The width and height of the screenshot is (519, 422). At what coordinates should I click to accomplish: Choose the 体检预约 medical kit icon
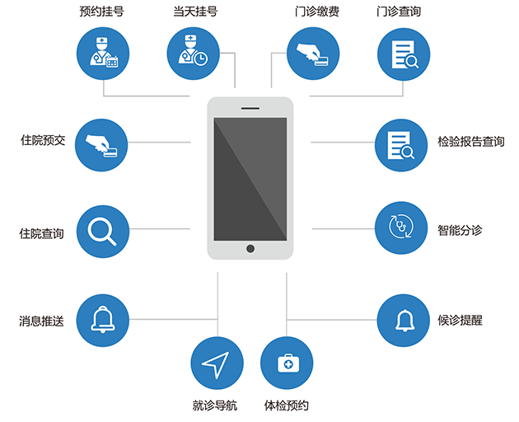click(287, 363)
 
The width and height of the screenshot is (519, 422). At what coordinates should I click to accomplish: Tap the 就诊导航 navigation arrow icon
click(217, 363)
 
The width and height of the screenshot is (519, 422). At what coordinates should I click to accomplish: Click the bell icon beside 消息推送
click(102, 320)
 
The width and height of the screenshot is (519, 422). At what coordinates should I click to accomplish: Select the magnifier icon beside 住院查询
click(102, 231)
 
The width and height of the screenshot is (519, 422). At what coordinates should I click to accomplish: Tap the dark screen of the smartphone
click(250, 177)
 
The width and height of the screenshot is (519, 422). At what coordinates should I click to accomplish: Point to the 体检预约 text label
click(286, 405)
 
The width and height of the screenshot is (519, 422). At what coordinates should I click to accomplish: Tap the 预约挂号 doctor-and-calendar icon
click(103, 54)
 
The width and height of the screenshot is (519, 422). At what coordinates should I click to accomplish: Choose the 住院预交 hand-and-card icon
click(102, 145)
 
